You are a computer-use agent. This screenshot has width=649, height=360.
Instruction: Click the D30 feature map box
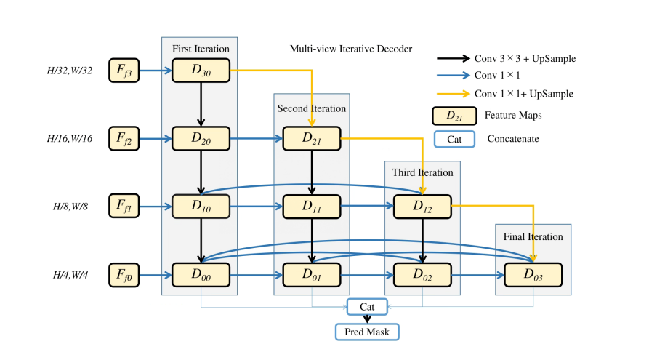(x=201, y=71)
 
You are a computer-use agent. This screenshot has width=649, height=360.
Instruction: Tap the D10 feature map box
(x=201, y=207)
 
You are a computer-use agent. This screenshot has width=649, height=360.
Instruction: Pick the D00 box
(x=201, y=274)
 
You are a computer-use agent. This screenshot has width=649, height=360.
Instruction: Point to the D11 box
(x=312, y=207)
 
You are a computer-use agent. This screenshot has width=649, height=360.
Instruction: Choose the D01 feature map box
(x=312, y=274)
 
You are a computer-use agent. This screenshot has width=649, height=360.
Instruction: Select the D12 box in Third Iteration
(x=422, y=207)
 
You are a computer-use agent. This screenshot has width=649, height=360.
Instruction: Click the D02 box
(x=422, y=274)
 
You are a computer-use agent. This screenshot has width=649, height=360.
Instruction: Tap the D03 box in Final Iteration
(x=533, y=274)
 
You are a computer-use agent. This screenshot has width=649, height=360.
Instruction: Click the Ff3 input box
(x=124, y=71)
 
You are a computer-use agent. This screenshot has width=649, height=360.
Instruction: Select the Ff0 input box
(x=124, y=274)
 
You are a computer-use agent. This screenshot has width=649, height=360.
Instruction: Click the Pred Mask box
(x=367, y=332)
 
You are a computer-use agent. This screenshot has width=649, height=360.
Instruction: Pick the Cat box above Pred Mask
(x=367, y=307)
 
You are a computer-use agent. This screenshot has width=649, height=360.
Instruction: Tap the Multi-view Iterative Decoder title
(x=351, y=49)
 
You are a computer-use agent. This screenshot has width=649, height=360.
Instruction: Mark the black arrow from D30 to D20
(x=201, y=103)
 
